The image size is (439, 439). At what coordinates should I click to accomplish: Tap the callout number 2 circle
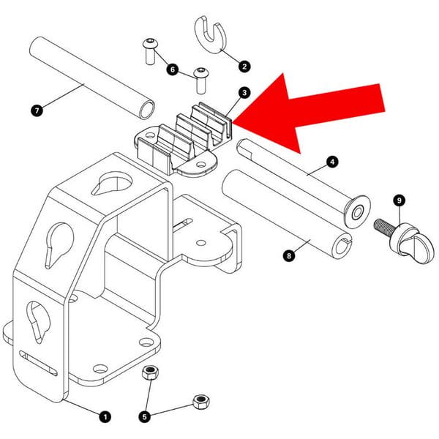point(244,66)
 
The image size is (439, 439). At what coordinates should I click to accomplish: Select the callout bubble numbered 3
point(244,93)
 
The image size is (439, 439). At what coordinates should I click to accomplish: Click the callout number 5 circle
point(145,417)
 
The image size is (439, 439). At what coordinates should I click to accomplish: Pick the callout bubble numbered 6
point(173,69)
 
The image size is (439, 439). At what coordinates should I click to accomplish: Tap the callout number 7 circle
point(36,110)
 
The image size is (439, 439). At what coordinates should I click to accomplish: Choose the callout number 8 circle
point(290,255)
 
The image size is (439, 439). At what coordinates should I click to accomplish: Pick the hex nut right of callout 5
point(199,401)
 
